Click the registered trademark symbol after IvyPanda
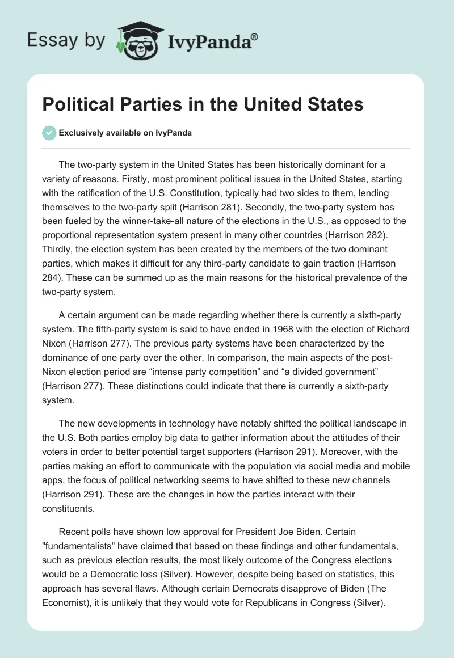pyautogui.click(x=255, y=37)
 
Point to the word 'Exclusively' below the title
pyautogui.click(x=79, y=133)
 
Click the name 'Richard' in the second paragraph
pyautogui.click(x=391, y=329)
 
